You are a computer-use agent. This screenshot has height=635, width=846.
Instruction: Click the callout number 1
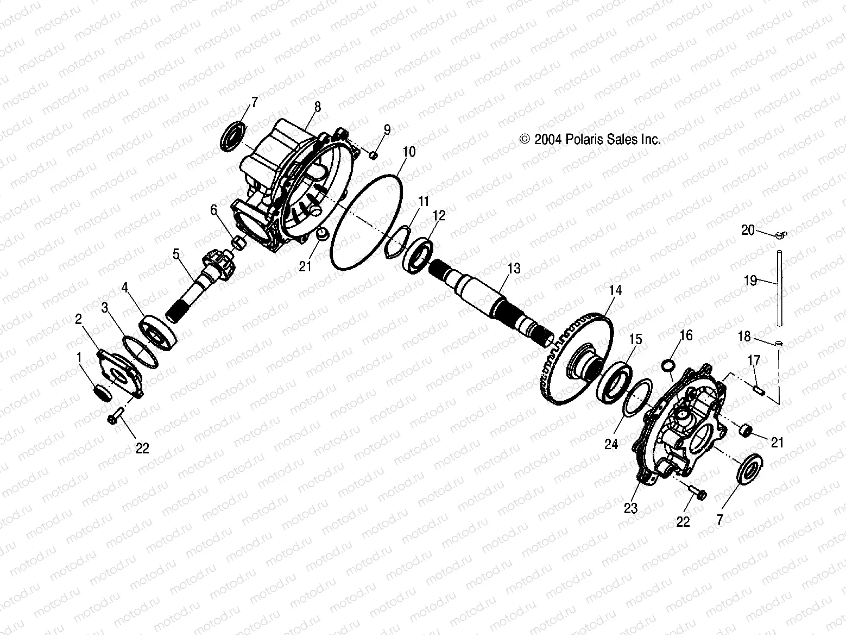pos(79,358)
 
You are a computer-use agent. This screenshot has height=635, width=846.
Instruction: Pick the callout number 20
pos(748,231)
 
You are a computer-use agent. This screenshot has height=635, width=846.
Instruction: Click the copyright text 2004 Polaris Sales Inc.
pos(590,140)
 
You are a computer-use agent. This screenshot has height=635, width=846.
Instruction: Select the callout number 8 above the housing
pos(318,107)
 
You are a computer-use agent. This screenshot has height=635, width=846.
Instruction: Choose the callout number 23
pos(630,508)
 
